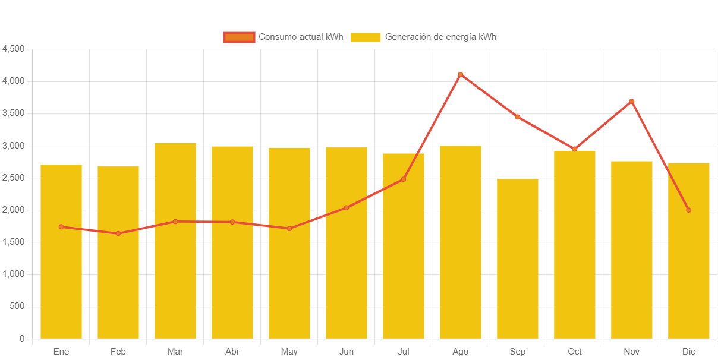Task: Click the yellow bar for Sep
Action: click(x=518, y=258)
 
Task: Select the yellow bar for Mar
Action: click(x=175, y=241)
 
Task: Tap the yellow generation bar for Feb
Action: click(x=118, y=252)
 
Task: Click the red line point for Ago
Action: click(x=461, y=74)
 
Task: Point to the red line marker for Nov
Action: click(x=632, y=102)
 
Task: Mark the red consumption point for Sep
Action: click(x=518, y=117)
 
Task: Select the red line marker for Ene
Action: click(x=61, y=227)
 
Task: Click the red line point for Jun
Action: click(x=347, y=208)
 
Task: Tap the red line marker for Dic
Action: click(x=689, y=210)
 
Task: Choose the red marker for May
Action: click(x=289, y=229)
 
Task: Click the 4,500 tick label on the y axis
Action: click(x=14, y=49)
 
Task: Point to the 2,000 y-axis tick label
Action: click(x=14, y=210)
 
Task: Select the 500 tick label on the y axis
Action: click(x=17, y=307)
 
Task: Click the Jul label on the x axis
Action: click(x=404, y=352)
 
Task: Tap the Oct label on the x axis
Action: click(x=575, y=352)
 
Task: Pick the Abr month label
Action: click(x=232, y=352)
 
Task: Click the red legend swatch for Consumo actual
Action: click(x=239, y=37)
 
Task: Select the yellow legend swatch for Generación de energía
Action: click(x=366, y=37)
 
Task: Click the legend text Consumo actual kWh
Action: click(x=301, y=37)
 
